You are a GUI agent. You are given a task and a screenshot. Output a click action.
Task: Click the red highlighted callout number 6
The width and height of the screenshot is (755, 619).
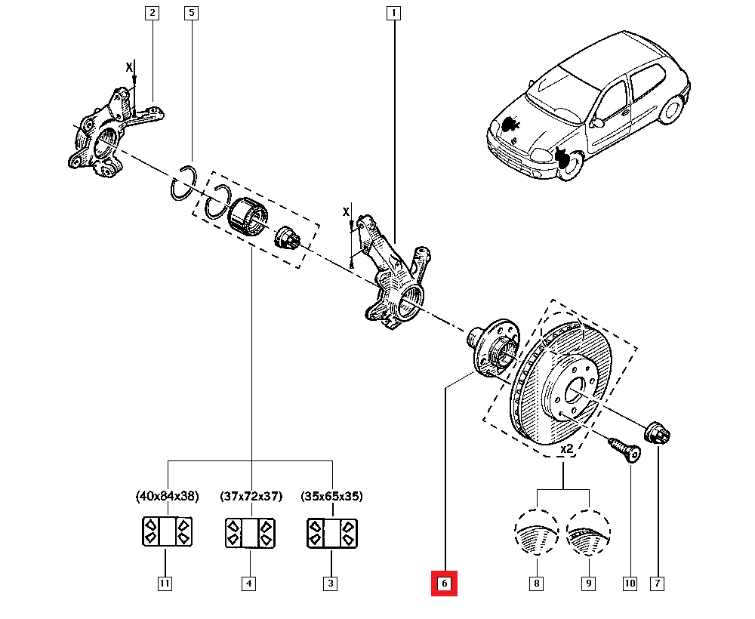pos(444,584)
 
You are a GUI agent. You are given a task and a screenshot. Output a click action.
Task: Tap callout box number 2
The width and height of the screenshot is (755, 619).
pos(152,13)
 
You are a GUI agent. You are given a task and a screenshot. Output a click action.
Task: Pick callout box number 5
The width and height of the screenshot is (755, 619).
pos(192,13)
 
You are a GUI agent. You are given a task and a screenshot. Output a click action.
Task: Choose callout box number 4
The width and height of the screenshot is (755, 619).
pos(248,583)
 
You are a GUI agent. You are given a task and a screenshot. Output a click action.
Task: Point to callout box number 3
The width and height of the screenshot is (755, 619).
pos(331,583)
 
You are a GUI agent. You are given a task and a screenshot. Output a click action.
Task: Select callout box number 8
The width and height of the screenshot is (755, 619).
pos(536,583)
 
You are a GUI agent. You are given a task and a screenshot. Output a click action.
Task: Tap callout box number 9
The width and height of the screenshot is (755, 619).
pos(589,583)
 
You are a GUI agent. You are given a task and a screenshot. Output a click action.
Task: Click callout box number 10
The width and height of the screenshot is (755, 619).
pos(630,583)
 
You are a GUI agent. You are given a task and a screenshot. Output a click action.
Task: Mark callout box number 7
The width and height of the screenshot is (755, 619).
pos(658,583)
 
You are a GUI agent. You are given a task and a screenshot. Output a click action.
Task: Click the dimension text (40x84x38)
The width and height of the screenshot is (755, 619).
pos(167,497)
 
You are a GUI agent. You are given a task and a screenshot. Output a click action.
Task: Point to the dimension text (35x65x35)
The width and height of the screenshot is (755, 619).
pos(332,497)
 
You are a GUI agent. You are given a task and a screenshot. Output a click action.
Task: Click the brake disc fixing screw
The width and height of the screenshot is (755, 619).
pos(624,450)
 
